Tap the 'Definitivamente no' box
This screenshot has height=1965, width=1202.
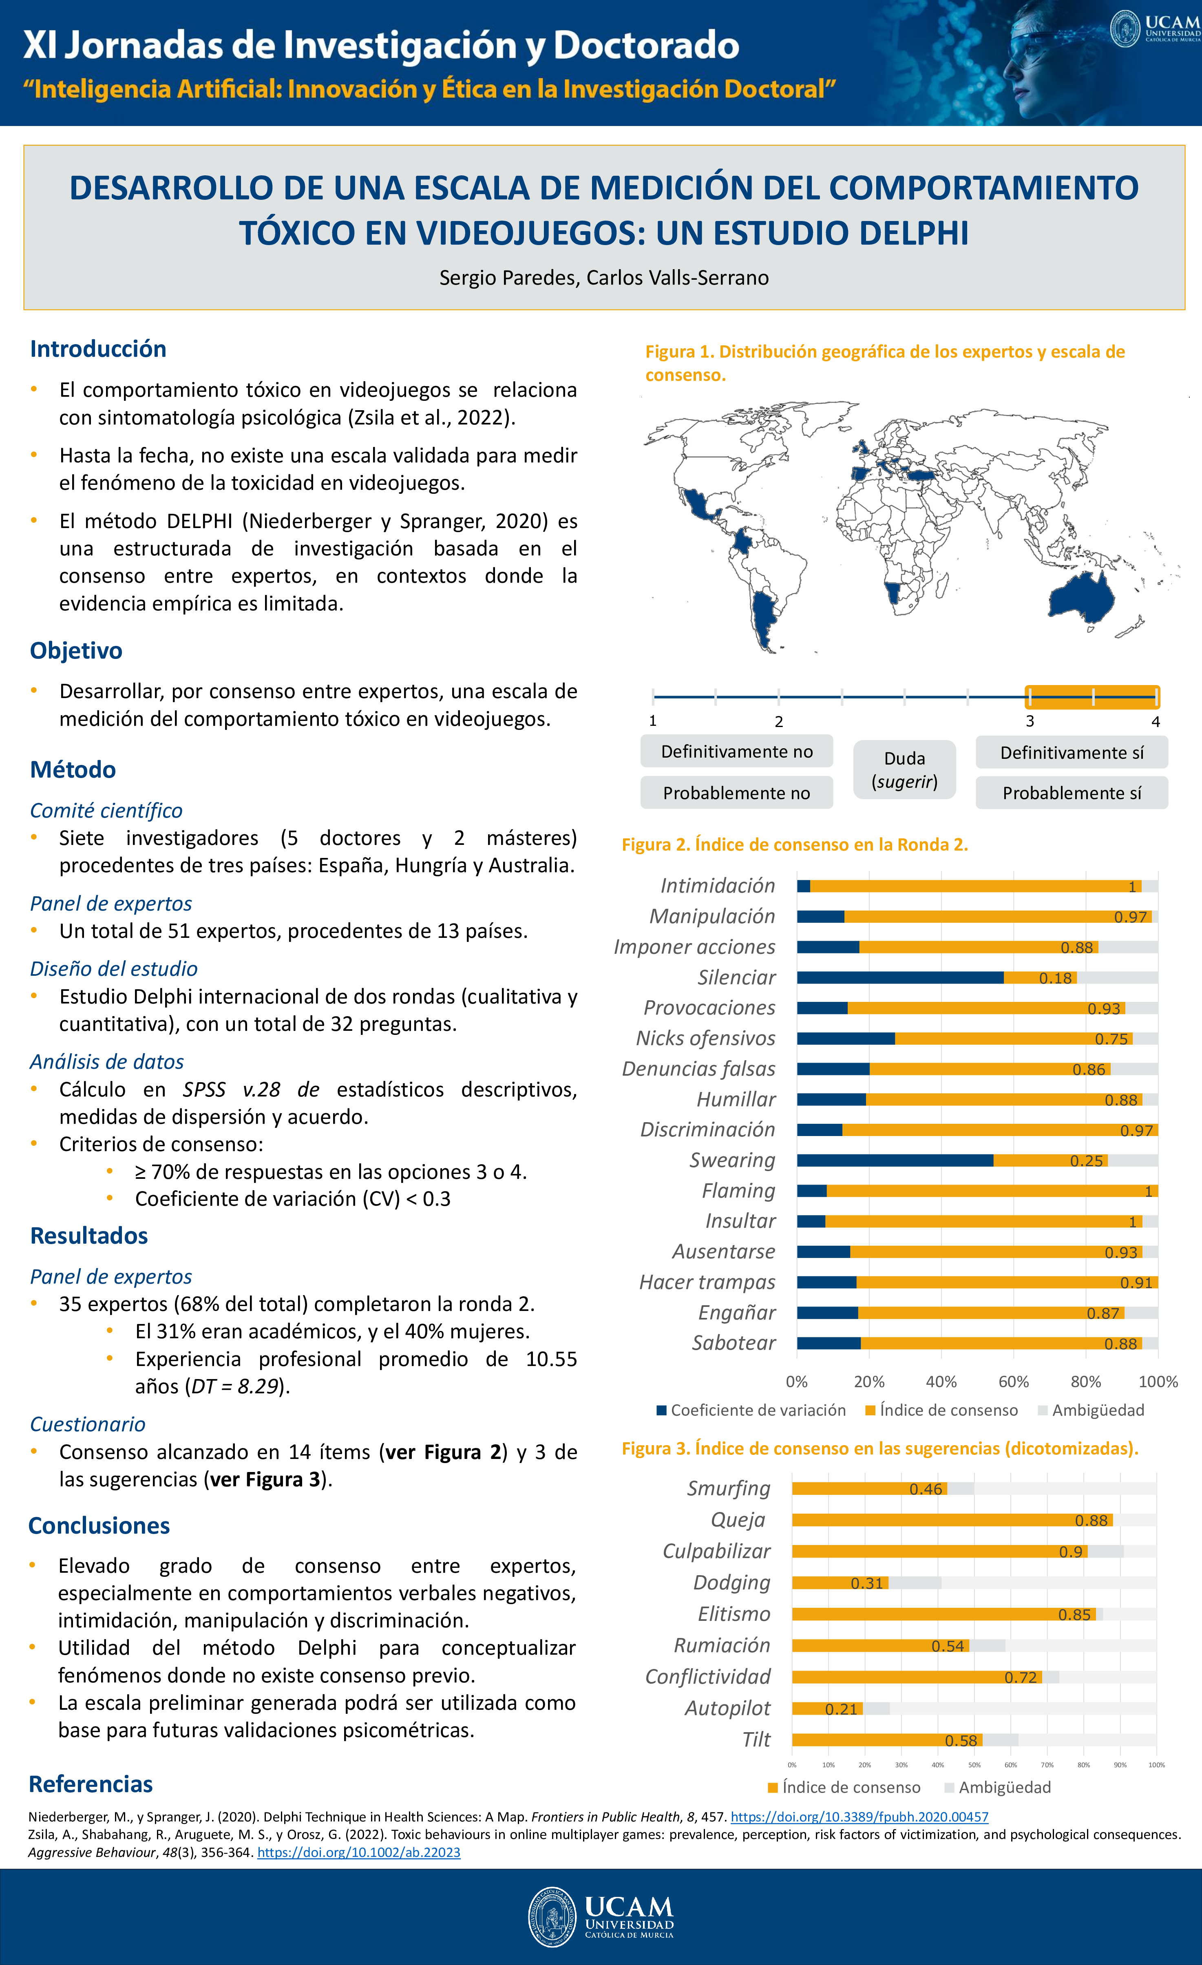736,751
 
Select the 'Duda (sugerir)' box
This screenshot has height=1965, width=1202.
904,769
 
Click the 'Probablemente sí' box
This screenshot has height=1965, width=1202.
1071,793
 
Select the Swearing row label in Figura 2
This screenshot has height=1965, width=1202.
732,1160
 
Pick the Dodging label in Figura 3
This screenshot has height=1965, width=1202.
731,1582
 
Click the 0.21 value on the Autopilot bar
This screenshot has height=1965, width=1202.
842,1709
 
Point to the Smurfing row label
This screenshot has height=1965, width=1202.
729,1488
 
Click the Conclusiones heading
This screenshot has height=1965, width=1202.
99,1525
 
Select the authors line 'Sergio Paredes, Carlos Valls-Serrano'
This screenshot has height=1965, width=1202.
604,278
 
